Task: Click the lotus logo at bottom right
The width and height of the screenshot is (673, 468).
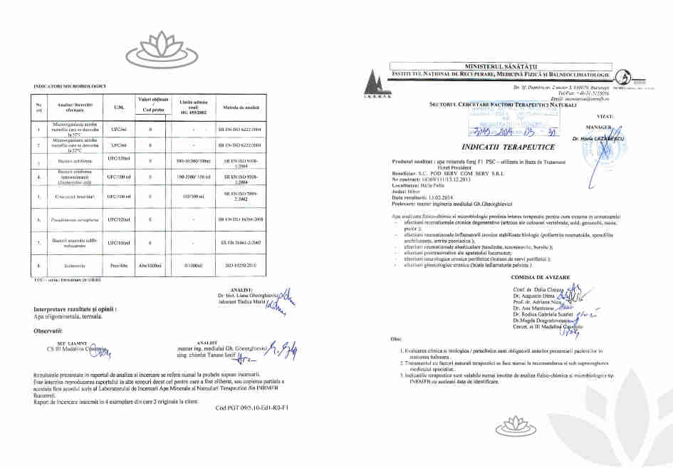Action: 519,426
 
